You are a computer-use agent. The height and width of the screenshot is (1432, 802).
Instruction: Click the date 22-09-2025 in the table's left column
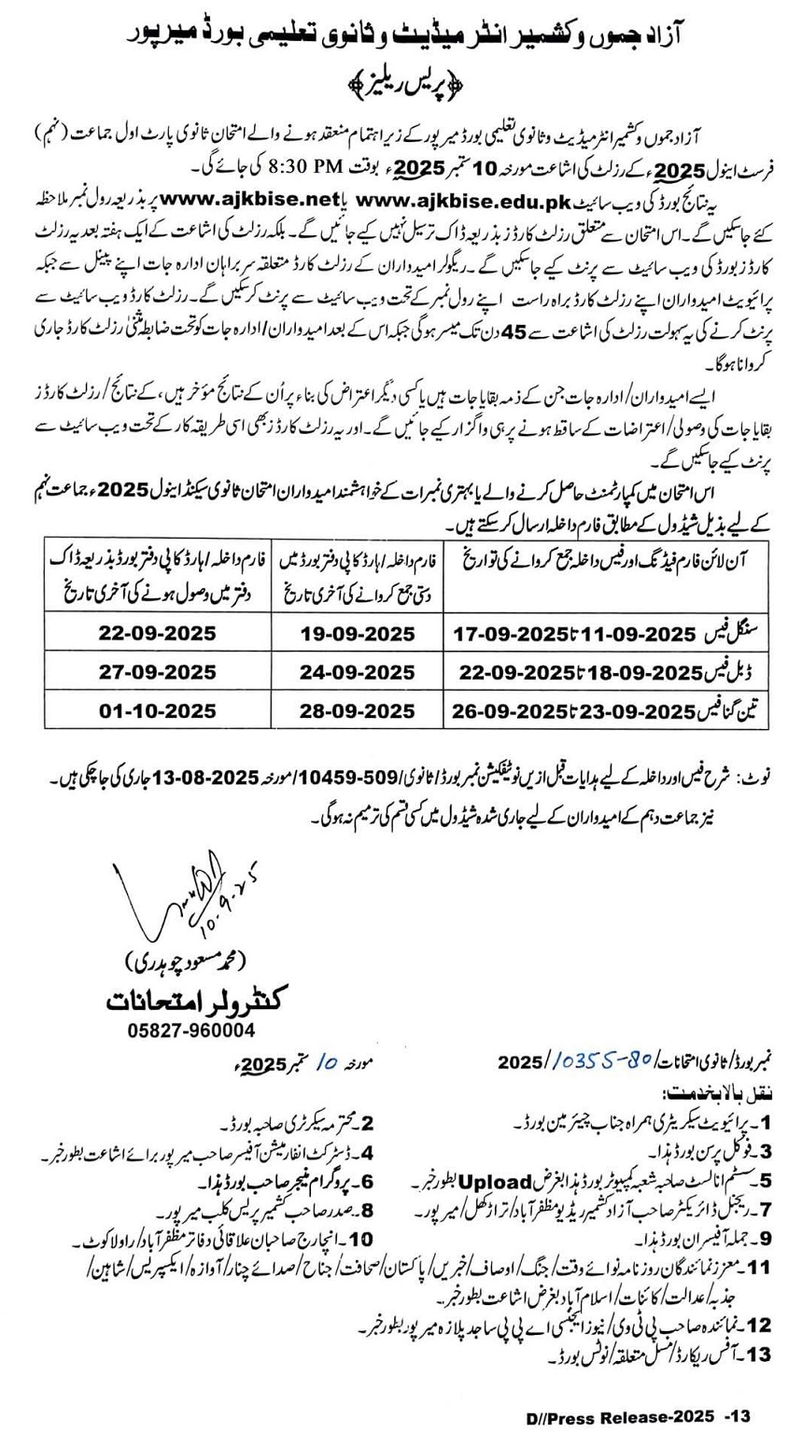point(157,632)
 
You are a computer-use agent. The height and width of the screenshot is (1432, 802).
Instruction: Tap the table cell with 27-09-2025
point(157,671)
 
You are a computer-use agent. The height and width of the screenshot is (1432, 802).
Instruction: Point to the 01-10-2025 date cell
point(157,710)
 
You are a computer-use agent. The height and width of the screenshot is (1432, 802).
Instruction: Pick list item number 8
point(367,1209)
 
